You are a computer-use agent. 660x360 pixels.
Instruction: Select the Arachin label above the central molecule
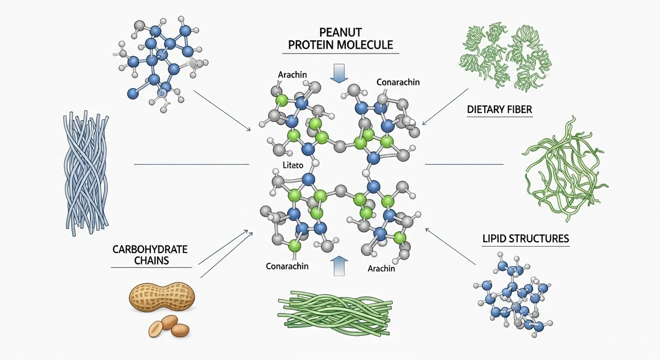[292, 75]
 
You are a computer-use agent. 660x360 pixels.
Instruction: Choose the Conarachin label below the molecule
[287, 266]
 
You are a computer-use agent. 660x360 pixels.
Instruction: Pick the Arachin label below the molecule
[382, 268]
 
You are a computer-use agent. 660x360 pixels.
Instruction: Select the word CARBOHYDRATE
[150, 250]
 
